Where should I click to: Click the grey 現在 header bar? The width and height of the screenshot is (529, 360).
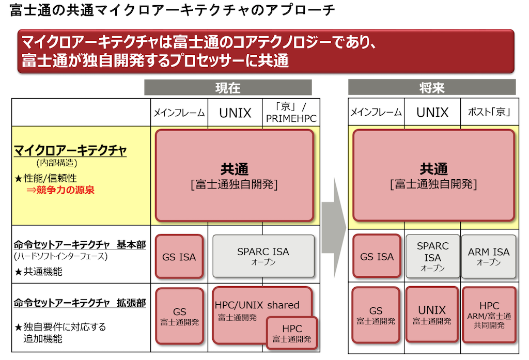(228, 87)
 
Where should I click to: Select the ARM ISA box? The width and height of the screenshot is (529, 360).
(488, 256)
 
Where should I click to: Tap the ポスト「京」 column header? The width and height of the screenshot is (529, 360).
(489, 112)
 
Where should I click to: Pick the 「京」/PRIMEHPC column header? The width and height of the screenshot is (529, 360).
(291, 113)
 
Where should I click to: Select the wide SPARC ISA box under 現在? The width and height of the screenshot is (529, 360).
(263, 256)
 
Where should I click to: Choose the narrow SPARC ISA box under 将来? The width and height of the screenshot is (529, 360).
(432, 256)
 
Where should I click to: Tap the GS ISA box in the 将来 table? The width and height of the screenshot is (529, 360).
(377, 256)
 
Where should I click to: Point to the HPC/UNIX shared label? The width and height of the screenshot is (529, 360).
(257, 305)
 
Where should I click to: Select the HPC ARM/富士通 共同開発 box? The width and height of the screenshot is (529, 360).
(489, 315)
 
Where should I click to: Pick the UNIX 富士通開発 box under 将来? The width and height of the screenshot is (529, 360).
(432, 315)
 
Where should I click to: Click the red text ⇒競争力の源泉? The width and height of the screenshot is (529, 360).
(60, 190)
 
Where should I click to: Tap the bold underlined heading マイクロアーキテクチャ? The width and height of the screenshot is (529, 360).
(70, 150)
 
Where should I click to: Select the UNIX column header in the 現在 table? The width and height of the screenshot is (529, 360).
(235, 113)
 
